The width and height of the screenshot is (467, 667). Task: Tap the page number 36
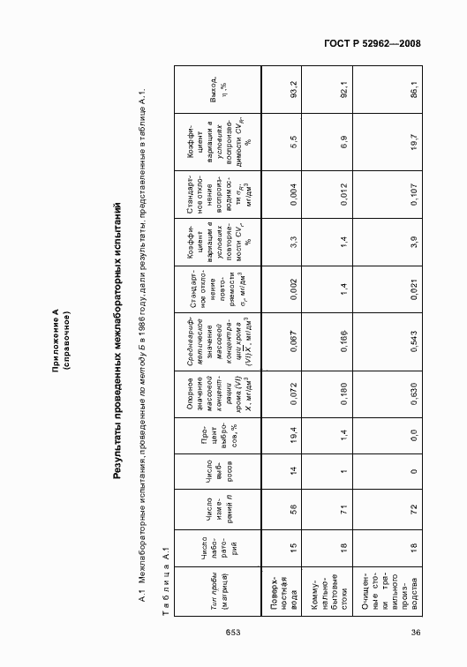point(414,631)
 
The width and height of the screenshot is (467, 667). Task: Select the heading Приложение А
point(55,333)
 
